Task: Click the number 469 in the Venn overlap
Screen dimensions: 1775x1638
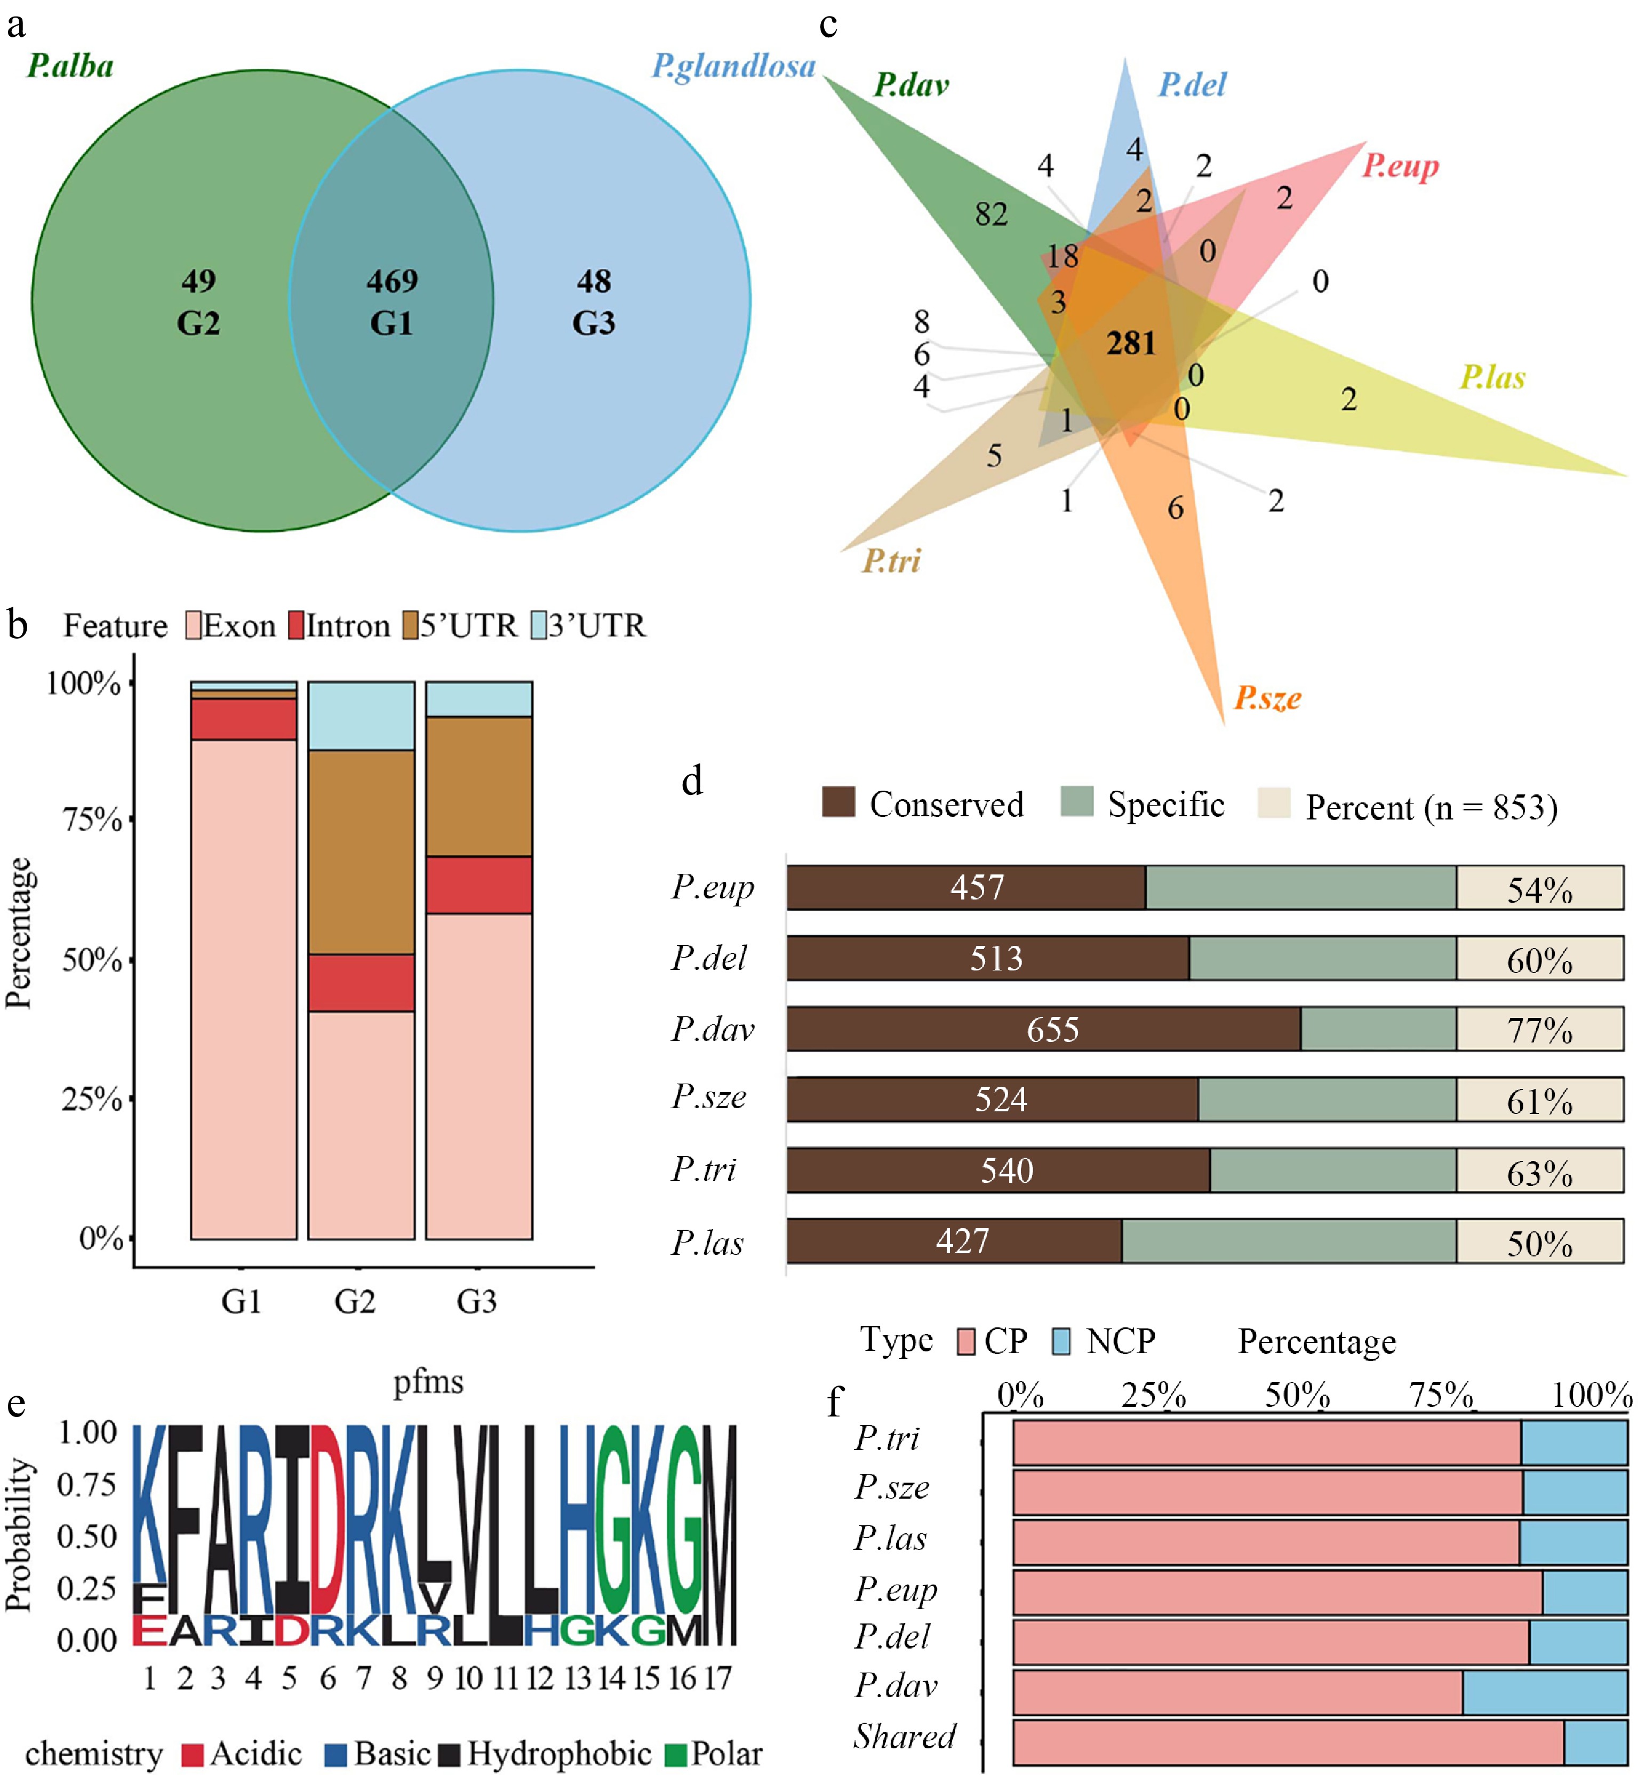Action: [x=392, y=281]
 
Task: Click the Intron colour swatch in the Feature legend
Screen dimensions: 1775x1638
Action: [x=296, y=625]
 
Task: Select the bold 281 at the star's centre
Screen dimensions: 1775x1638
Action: [x=1131, y=343]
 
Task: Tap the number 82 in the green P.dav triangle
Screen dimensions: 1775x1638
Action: [x=991, y=214]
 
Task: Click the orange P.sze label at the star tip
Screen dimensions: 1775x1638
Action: [x=1267, y=698]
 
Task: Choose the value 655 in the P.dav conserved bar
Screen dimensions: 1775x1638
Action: [x=1052, y=1029]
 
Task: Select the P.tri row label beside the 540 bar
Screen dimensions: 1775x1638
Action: [x=704, y=1171]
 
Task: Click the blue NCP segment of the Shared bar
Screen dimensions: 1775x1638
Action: [x=1595, y=1742]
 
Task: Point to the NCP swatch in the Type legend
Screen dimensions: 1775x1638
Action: [x=1060, y=1341]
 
